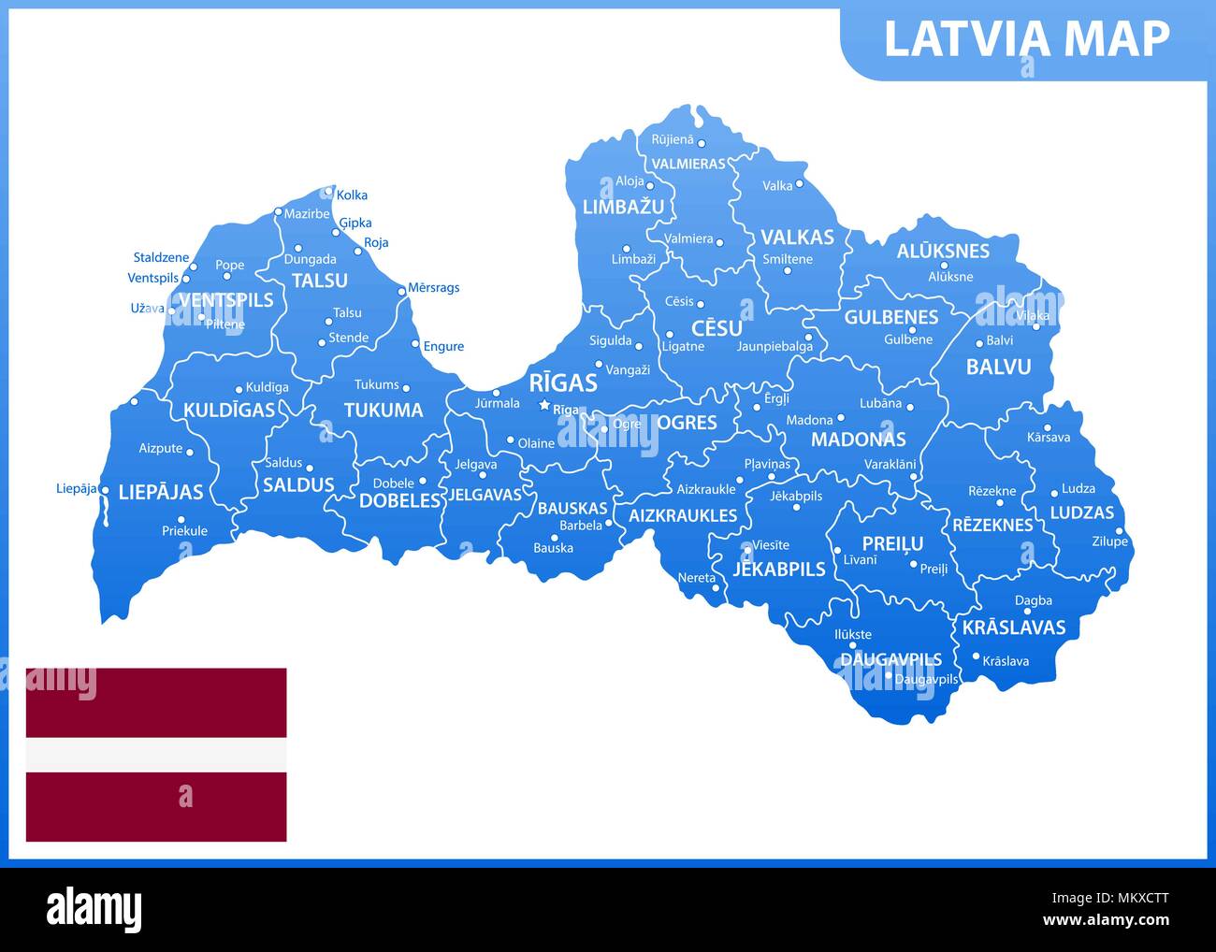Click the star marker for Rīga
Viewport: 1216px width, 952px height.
click(x=543, y=405)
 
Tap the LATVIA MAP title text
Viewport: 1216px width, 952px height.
click(x=1026, y=39)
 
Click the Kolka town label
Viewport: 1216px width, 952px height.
click(x=352, y=195)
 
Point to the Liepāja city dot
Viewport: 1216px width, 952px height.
click(x=104, y=490)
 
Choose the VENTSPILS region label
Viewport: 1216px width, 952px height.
click(x=225, y=300)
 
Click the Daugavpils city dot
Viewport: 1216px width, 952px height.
click(x=888, y=675)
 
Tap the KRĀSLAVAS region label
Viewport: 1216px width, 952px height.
click(x=1014, y=627)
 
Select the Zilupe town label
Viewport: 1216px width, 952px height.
click(x=1109, y=541)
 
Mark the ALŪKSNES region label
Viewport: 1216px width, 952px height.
click(x=943, y=251)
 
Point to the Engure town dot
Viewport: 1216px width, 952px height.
click(x=415, y=343)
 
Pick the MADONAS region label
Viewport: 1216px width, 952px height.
click(x=858, y=439)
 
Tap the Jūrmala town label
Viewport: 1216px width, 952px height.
click(x=497, y=404)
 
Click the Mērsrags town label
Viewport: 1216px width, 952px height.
click(x=433, y=288)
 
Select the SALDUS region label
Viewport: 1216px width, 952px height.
click(x=298, y=484)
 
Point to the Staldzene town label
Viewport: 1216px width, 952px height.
click(x=161, y=258)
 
